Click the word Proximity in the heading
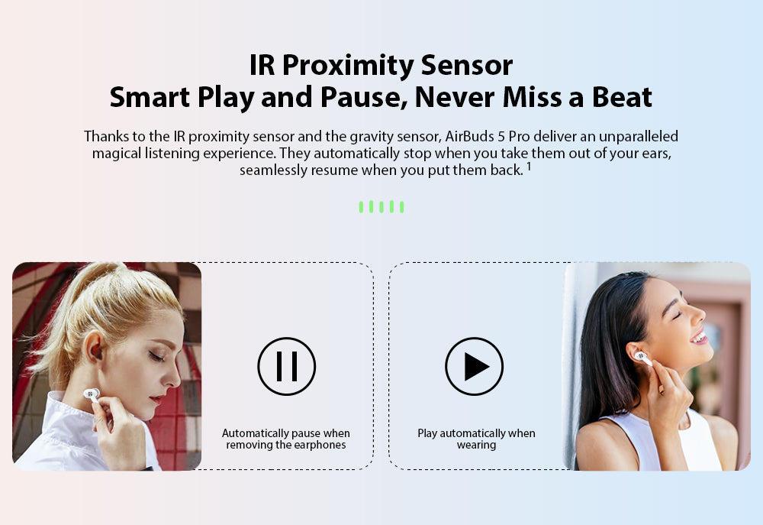click(x=347, y=66)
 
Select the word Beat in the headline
click(x=621, y=97)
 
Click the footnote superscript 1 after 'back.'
click(x=529, y=167)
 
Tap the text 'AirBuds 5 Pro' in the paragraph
click(x=487, y=136)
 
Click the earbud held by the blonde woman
click(x=92, y=394)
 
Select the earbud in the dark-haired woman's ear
click(x=642, y=358)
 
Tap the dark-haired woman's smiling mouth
click(x=699, y=337)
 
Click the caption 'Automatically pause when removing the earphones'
click(x=286, y=439)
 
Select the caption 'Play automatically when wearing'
click(x=476, y=439)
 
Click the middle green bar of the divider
click(x=381, y=206)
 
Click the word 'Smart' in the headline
click(x=150, y=97)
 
